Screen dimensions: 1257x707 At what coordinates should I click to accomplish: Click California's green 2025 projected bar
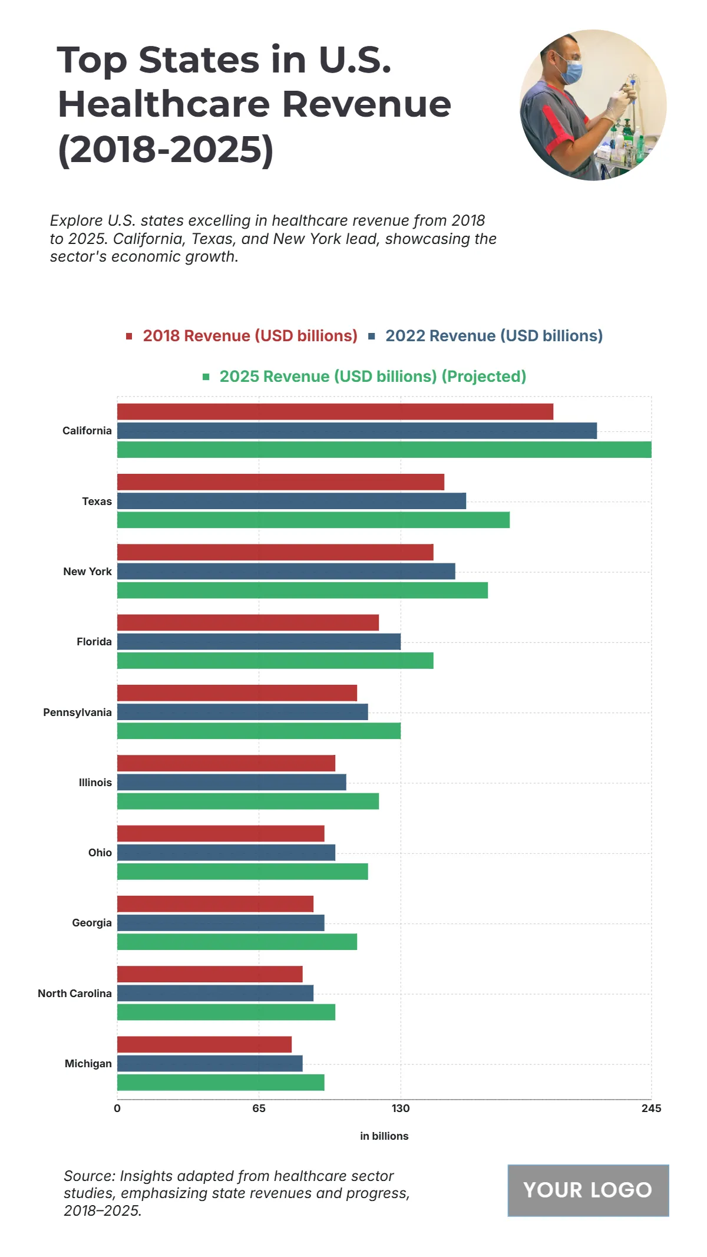pos(384,450)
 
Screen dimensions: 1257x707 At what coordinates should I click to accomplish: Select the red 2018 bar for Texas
pos(280,482)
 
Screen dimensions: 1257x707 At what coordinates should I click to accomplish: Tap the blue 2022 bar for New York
pos(286,571)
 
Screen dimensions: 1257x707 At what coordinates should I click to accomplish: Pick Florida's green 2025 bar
pos(275,661)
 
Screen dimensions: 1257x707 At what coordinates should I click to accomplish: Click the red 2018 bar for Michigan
pos(204,1044)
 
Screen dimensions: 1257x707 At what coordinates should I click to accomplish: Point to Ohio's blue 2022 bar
pos(226,853)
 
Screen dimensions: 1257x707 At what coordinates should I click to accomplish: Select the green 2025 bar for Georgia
pos(237,942)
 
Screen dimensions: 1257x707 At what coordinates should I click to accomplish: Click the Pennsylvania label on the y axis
pos(77,712)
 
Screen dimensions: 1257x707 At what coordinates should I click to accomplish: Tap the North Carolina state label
pos(75,994)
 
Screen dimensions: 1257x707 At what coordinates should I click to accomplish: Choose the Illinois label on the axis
pos(95,783)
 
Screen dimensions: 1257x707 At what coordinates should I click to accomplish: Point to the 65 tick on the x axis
pos(259,1108)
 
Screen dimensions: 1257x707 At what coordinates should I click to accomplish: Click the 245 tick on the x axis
pos(651,1108)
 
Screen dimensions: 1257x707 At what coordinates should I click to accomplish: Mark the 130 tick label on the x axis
pos(401,1108)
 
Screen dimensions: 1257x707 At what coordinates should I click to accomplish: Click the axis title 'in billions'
pos(384,1136)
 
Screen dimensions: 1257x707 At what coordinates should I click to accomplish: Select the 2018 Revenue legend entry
pos(250,336)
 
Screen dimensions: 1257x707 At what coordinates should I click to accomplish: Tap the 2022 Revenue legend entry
pos(494,336)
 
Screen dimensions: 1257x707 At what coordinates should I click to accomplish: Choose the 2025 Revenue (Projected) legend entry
pos(372,377)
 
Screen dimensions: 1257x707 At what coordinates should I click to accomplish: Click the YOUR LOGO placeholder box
pos(588,1190)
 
